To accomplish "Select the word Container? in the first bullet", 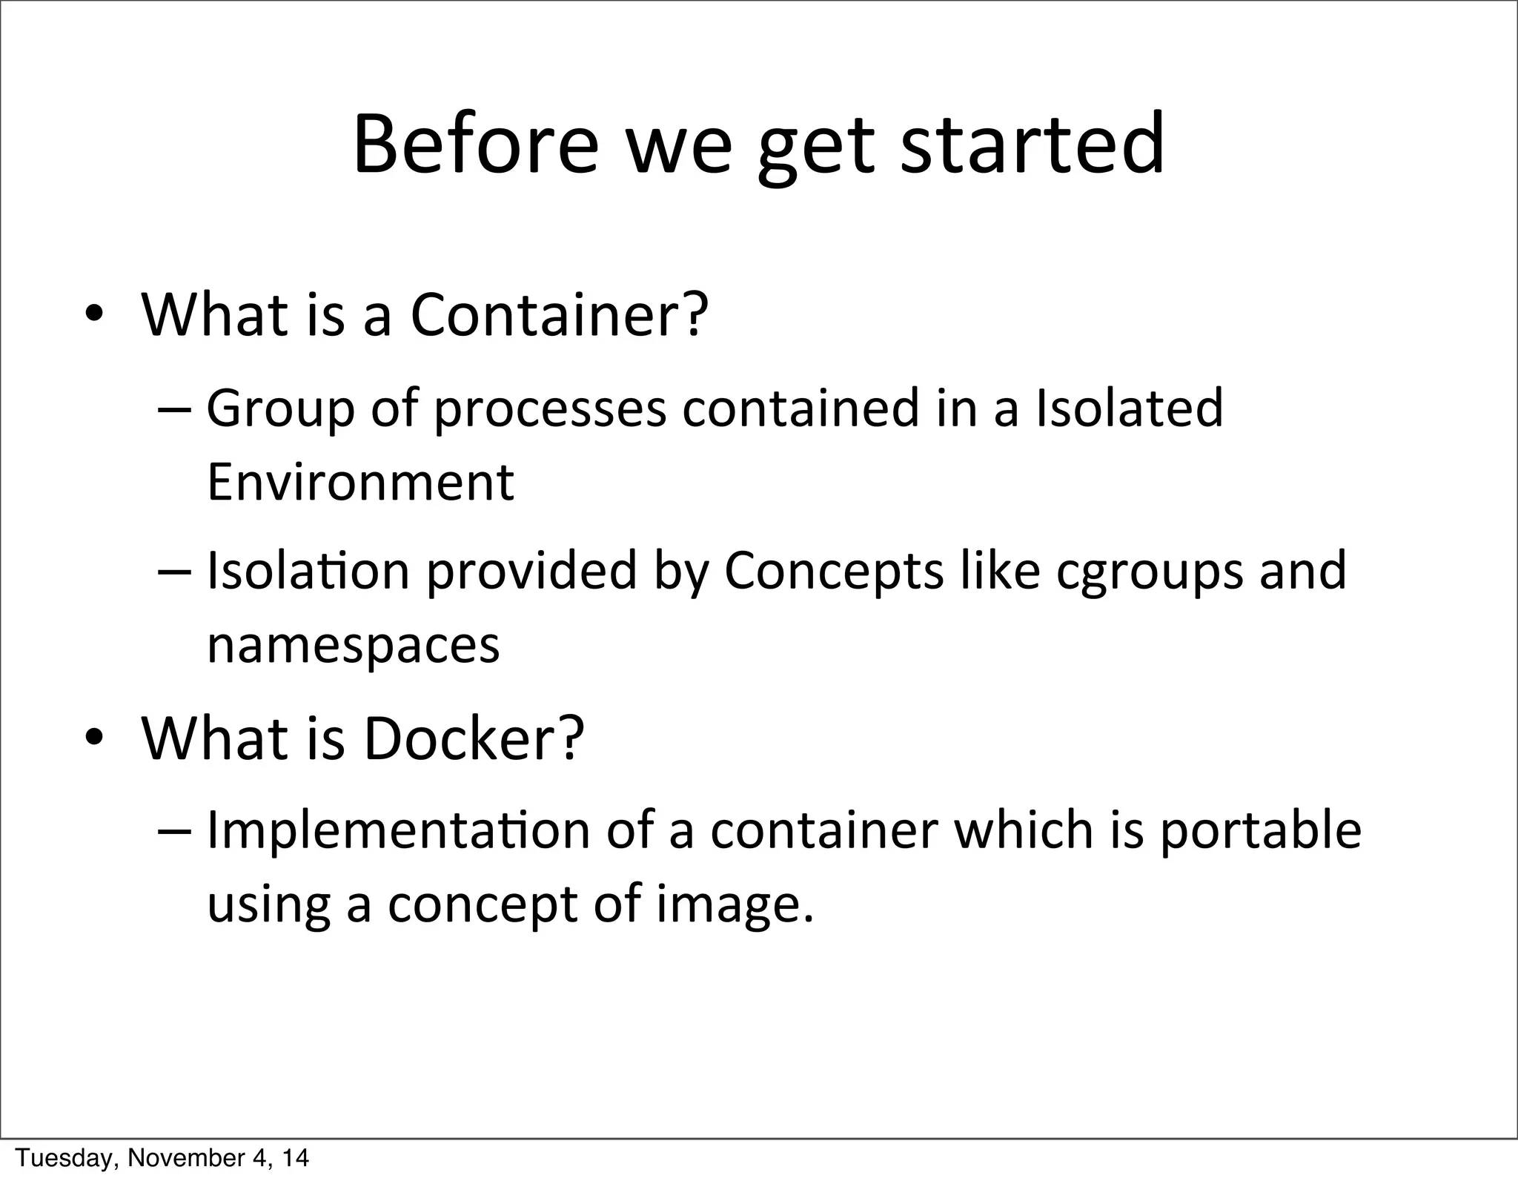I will (560, 314).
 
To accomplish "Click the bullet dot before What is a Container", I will (94, 316).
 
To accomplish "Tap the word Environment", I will (360, 482).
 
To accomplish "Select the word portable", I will (1260, 830).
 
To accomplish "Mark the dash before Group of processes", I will (175, 410).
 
